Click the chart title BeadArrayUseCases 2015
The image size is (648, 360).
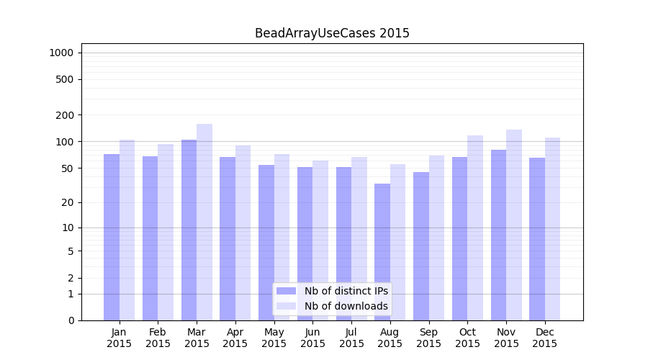tap(332, 33)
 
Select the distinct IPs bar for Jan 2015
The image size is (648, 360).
tap(112, 237)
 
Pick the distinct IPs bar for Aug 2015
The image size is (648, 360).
tap(382, 252)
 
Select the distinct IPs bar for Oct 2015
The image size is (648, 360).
tap(459, 238)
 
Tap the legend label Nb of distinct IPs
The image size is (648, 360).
tap(346, 291)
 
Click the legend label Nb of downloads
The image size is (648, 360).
tap(346, 306)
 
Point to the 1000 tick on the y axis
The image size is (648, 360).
tap(61, 53)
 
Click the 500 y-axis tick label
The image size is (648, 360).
tap(64, 79)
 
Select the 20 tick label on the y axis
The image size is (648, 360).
tap(67, 202)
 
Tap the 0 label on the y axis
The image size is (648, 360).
tap(71, 320)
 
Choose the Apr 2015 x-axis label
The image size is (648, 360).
tap(235, 338)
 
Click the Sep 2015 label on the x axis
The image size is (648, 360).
tap(428, 338)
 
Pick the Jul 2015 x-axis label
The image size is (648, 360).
tap(351, 338)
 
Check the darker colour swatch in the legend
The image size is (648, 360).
tap(286, 291)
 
